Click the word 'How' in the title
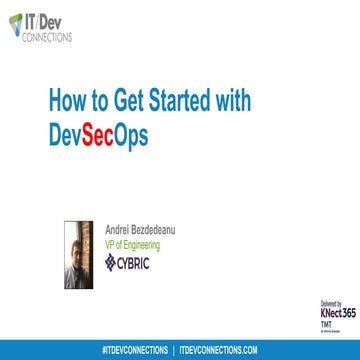[68, 102]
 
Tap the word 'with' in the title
[230, 102]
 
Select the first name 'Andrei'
[118, 228]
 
